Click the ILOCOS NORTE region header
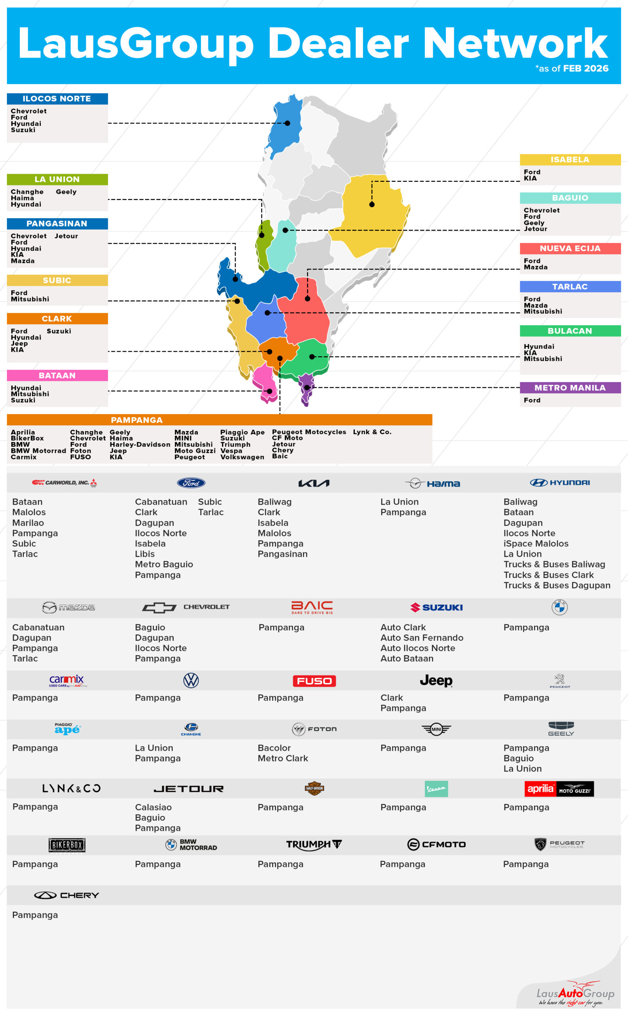(x=57, y=99)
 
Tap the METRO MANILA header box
(x=570, y=388)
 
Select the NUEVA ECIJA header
(x=570, y=248)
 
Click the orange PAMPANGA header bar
(x=219, y=420)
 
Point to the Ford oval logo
(x=191, y=483)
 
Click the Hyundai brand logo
(x=560, y=483)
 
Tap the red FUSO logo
(x=314, y=681)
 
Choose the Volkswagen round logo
(x=191, y=680)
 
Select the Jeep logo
(x=436, y=680)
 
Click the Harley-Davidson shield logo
(x=314, y=788)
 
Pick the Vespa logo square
(x=436, y=789)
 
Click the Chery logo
(x=66, y=895)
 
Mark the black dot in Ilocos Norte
(x=288, y=123)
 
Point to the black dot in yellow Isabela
(x=372, y=205)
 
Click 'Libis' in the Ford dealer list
(x=144, y=554)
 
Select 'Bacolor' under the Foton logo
(x=274, y=748)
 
